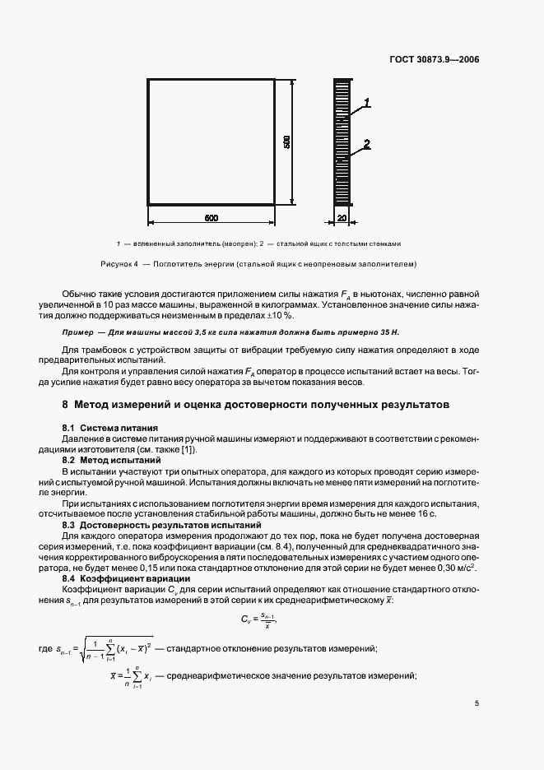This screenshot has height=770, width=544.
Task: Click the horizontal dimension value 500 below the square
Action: (211, 217)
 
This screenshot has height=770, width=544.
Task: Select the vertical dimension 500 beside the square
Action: (286, 141)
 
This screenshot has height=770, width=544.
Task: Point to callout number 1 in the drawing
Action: (367, 103)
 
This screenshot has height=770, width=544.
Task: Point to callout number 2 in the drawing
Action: (367, 145)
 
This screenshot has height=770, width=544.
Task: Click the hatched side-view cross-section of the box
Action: (342, 141)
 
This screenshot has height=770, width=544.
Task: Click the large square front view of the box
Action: (211, 141)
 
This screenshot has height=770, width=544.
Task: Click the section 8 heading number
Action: (66, 405)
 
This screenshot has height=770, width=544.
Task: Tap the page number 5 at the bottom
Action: (477, 703)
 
